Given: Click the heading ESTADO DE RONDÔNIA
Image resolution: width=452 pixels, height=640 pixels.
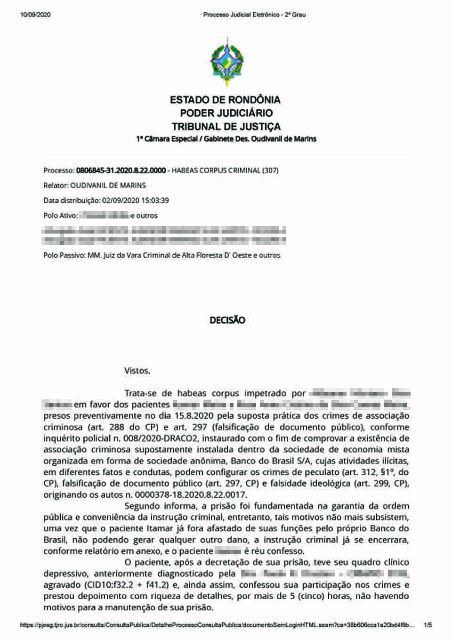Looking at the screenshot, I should (225, 100).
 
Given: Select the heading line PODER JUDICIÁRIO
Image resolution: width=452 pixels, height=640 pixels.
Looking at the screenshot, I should (226, 113).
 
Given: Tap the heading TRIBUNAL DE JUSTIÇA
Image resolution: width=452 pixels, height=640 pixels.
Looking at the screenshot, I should (226, 127).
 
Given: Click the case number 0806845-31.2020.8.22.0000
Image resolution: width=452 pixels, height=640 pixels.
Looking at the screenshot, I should (121, 170).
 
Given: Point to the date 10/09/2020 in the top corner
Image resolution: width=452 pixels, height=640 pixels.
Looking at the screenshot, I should (35, 15).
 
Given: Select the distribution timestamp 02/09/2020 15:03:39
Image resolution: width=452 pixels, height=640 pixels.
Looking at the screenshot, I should (136, 201).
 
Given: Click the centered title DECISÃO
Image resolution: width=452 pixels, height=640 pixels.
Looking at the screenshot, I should (227, 320).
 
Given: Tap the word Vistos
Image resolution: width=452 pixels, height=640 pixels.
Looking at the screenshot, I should (137, 371).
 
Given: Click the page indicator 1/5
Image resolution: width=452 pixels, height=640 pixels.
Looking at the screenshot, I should (428, 625).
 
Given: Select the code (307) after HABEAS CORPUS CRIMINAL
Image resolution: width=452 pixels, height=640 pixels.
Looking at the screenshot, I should (270, 170).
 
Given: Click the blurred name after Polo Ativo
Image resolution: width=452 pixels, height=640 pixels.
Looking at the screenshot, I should (104, 216).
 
